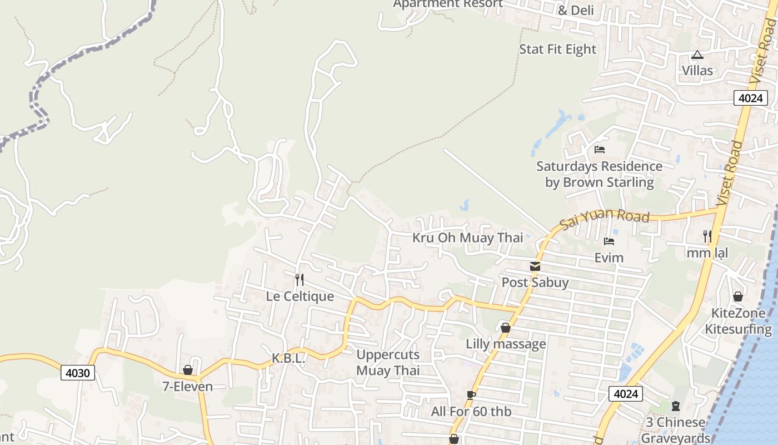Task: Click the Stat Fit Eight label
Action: (x=557, y=50)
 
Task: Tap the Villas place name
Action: (x=697, y=71)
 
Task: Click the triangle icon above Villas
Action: (x=697, y=55)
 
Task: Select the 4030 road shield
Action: (x=77, y=372)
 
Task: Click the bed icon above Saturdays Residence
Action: (x=599, y=149)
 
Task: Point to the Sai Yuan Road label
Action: (x=605, y=219)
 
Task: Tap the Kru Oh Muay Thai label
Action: (x=467, y=238)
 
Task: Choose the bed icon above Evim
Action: (x=609, y=241)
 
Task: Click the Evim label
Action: (x=609, y=258)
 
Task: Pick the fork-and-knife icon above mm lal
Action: (x=707, y=236)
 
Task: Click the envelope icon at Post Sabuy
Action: (x=535, y=266)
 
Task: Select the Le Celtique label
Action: (x=300, y=296)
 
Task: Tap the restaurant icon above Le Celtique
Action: (x=300, y=279)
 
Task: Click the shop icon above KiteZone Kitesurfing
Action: (x=738, y=296)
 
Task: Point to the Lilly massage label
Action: (x=506, y=344)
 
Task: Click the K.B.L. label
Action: (x=288, y=359)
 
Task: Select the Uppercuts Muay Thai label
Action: (x=388, y=362)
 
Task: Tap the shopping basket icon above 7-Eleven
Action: (x=188, y=370)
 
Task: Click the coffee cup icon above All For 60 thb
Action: (x=471, y=395)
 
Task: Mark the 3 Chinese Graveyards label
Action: (x=676, y=429)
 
